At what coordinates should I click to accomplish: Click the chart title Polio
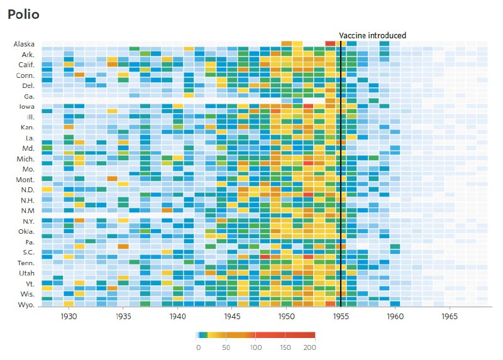[23, 14]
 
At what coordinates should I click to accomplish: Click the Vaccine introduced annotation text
[372, 36]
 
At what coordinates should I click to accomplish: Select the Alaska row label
[24, 44]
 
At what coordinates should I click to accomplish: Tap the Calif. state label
[25, 65]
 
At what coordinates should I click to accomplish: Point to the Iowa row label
[26, 107]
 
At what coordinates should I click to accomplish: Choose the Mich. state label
[25, 159]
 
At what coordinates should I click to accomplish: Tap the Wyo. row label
[26, 305]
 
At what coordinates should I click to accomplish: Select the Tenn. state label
[25, 263]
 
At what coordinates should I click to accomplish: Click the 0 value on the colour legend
[198, 347]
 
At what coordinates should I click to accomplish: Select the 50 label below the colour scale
[226, 347]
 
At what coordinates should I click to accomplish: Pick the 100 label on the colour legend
[255, 347]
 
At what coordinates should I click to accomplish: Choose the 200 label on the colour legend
[309, 347]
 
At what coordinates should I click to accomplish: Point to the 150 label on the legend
[285, 347]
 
